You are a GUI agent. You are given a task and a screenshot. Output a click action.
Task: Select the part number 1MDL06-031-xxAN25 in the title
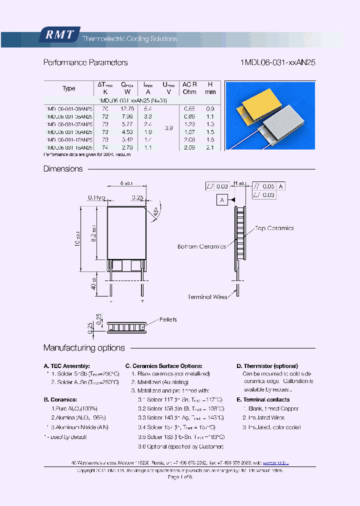pos(277,63)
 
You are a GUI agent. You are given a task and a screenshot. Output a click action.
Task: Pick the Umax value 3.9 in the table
pos(168,128)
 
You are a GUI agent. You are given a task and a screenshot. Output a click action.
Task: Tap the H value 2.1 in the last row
pos(210,147)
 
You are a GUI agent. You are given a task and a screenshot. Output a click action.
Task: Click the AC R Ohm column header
pos(189,88)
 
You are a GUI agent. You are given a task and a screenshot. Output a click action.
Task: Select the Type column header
pos(69,88)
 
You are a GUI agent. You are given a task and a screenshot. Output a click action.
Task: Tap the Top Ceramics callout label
pos(274,228)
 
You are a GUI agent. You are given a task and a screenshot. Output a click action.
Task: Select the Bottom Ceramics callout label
pos(201,246)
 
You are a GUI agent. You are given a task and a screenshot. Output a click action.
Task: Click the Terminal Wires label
pos(207,297)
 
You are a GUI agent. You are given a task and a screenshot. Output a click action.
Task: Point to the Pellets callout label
pos(167,319)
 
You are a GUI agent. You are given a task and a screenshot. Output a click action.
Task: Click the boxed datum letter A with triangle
pos(221,200)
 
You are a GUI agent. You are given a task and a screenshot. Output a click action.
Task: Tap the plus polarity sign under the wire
pos(142,301)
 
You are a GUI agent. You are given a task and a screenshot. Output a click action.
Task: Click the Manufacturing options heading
pos(84,348)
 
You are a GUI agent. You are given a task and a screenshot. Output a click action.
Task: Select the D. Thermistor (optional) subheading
pos(267,366)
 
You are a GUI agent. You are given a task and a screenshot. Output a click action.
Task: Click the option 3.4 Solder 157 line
pos(176,427)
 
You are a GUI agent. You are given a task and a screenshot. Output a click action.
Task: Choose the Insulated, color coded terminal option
pos(271,427)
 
